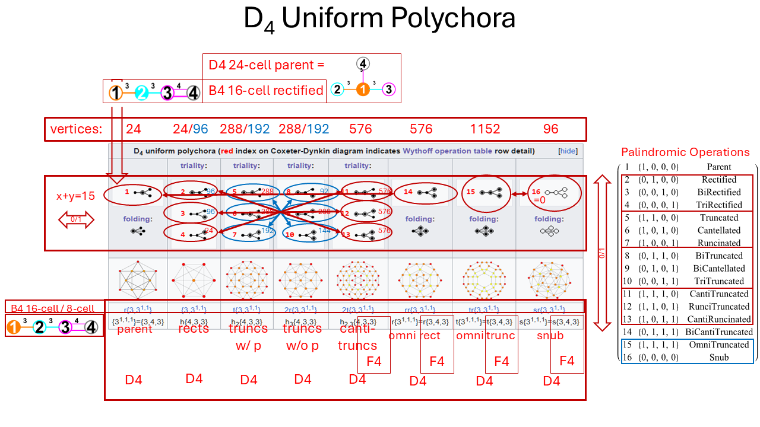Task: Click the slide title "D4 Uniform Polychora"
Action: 379,19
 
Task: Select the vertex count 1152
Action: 484,129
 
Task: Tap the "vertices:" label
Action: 76,129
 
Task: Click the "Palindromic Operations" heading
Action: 685,152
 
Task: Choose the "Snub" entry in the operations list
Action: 719,357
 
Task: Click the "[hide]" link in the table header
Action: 568,151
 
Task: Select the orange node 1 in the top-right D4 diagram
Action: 363,90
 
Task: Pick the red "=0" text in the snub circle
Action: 539,200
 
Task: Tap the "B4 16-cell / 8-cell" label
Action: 52,308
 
